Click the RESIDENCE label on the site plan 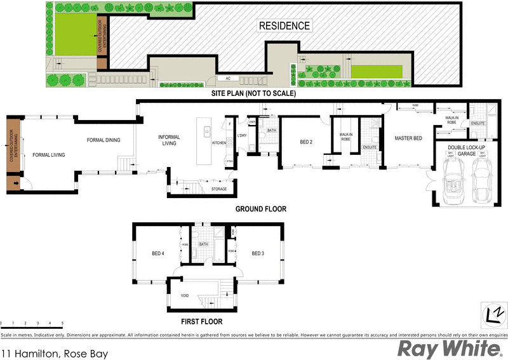click(x=284, y=26)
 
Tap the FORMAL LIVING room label click(x=49, y=154)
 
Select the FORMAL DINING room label click(x=104, y=140)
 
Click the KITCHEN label click(x=219, y=143)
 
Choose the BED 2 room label click(x=307, y=142)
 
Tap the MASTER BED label click(x=408, y=138)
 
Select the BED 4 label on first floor click(x=158, y=254)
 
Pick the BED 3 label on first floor click(x=257, y=254)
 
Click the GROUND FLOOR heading click(x=261, y=209)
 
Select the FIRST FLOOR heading click(x=201, y=321)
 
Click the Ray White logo click(x=448, y=349)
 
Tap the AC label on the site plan click(x=227, y=78)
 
